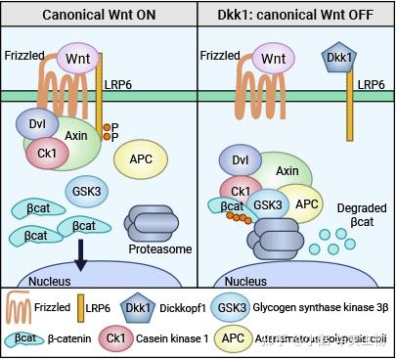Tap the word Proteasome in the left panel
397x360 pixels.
tap(158, 247)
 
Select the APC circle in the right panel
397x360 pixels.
tap(307, 203)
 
